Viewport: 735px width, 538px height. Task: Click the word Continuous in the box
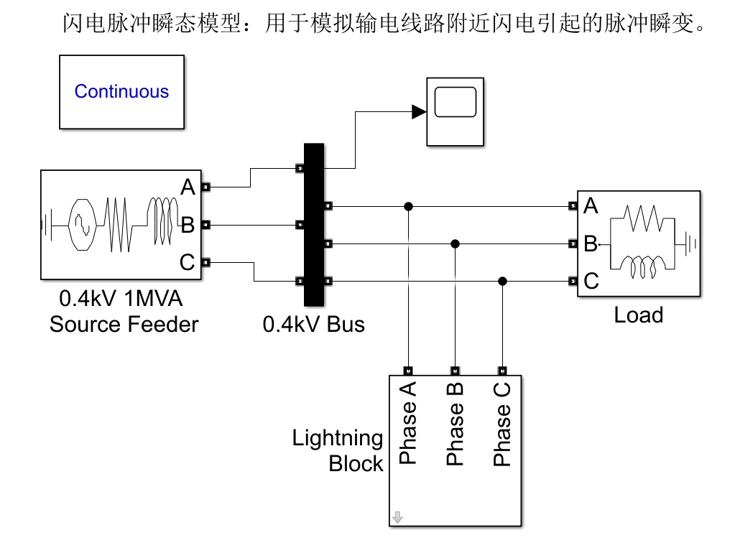coord(121,91)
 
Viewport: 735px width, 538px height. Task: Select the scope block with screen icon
coord(456,112)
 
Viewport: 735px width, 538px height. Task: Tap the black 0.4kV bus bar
coord(314,225)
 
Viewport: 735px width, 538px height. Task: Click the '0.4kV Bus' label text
coord(313,324)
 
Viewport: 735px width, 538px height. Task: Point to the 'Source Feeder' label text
coord(124,324)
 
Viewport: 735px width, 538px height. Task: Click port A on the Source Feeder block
coord(205,187)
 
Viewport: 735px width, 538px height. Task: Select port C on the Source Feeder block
coord(205,262)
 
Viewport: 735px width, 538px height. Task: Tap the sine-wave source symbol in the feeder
coord(83,225)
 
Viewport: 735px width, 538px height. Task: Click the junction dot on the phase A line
coord(408,206)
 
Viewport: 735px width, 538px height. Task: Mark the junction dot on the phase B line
coord(456,244)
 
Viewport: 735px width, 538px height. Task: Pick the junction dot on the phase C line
coord(502,281)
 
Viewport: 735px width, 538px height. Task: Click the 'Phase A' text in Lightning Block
coord(408,422)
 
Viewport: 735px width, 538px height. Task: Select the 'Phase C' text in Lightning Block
coord(502,424)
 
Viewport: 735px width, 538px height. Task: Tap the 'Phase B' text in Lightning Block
coord(455,424)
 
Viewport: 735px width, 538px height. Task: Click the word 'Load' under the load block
coord(639,315)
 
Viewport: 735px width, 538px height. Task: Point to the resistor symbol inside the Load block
coord(642,218)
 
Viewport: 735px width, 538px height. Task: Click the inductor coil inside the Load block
coord(642,267)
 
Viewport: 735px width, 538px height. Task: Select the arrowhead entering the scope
coord(419,112)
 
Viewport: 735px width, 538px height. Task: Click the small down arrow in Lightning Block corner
coord(397,517)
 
